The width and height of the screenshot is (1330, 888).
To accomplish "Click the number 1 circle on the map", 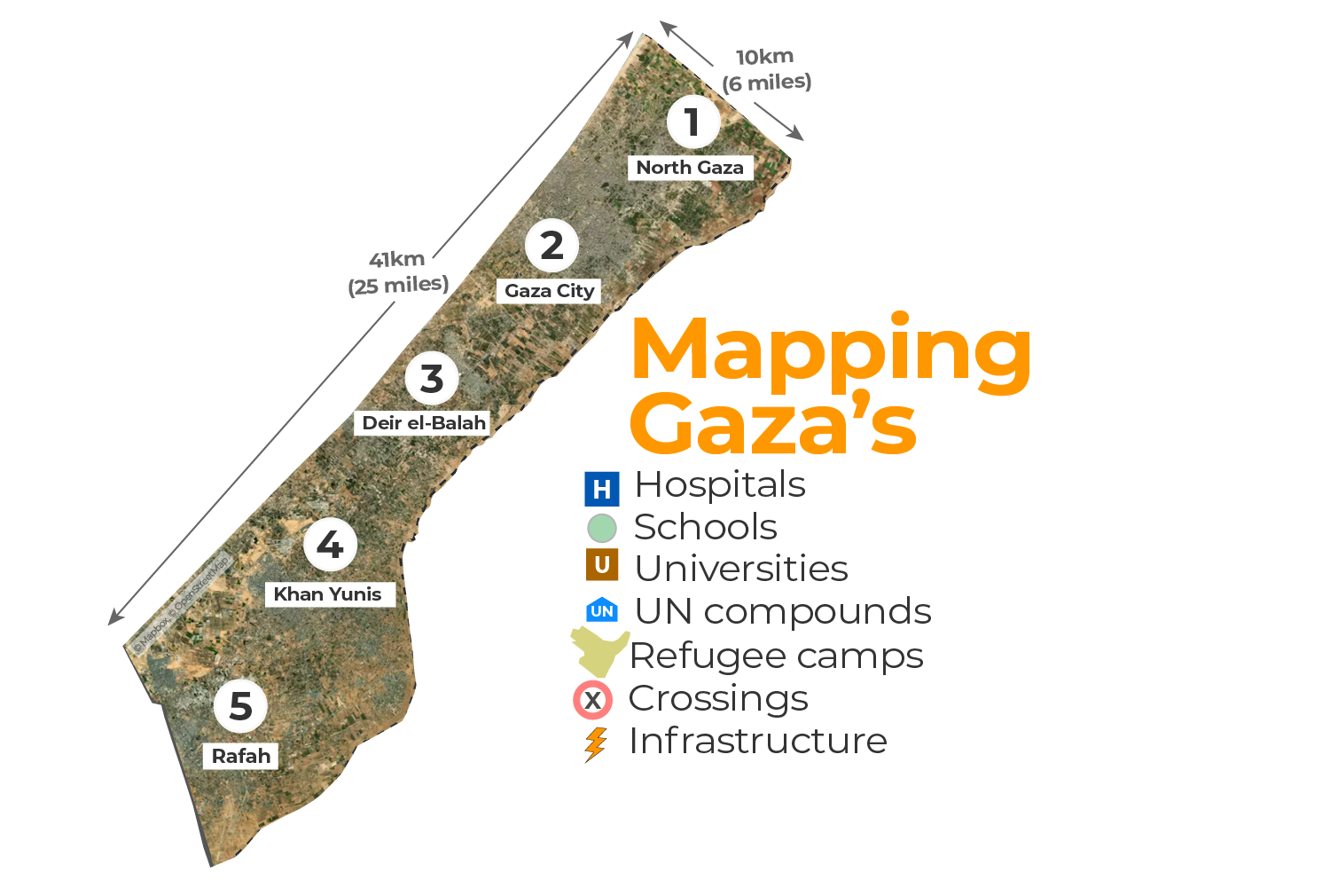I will click(x=692, y=122).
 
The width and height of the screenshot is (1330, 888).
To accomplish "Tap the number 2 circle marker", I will click(x=552, y=246).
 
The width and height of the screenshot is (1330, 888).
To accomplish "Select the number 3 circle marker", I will click(x=432, y=379).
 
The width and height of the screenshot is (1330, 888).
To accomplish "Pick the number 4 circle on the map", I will click(x=330, y=545).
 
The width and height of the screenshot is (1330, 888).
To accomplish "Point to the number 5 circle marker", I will click(x=240, y=706).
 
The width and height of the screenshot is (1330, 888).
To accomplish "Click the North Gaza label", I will click(x=690, y=168).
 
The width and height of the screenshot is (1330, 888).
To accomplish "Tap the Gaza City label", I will click(x=549, y=291).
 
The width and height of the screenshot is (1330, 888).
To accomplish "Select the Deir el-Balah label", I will click(x=424, y=423).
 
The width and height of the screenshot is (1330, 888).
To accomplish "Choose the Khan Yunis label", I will click(x=327, y=594).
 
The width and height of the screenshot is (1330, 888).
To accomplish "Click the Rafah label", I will click(x=241, y=757).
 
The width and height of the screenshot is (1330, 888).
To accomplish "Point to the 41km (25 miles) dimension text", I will click(x=398, y=272).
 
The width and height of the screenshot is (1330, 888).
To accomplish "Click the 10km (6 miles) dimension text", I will click(x=765, y=69).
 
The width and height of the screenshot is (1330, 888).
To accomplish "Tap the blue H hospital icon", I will click(x=602, y=489).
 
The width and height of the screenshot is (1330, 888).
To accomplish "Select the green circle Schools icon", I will click(x=602, y=529).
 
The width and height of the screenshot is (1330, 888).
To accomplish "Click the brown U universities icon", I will click(x=602, y=565).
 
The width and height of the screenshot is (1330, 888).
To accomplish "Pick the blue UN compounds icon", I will click(x=602, y=610).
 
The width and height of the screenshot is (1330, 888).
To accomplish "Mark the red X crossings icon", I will click(x=592, y=701).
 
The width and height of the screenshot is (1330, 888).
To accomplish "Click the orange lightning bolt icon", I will click(x=595, y=744).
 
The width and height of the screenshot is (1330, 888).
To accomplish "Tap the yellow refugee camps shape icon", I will click(x=598, y=652).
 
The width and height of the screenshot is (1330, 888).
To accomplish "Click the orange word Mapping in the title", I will click(x=831, y=352).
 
